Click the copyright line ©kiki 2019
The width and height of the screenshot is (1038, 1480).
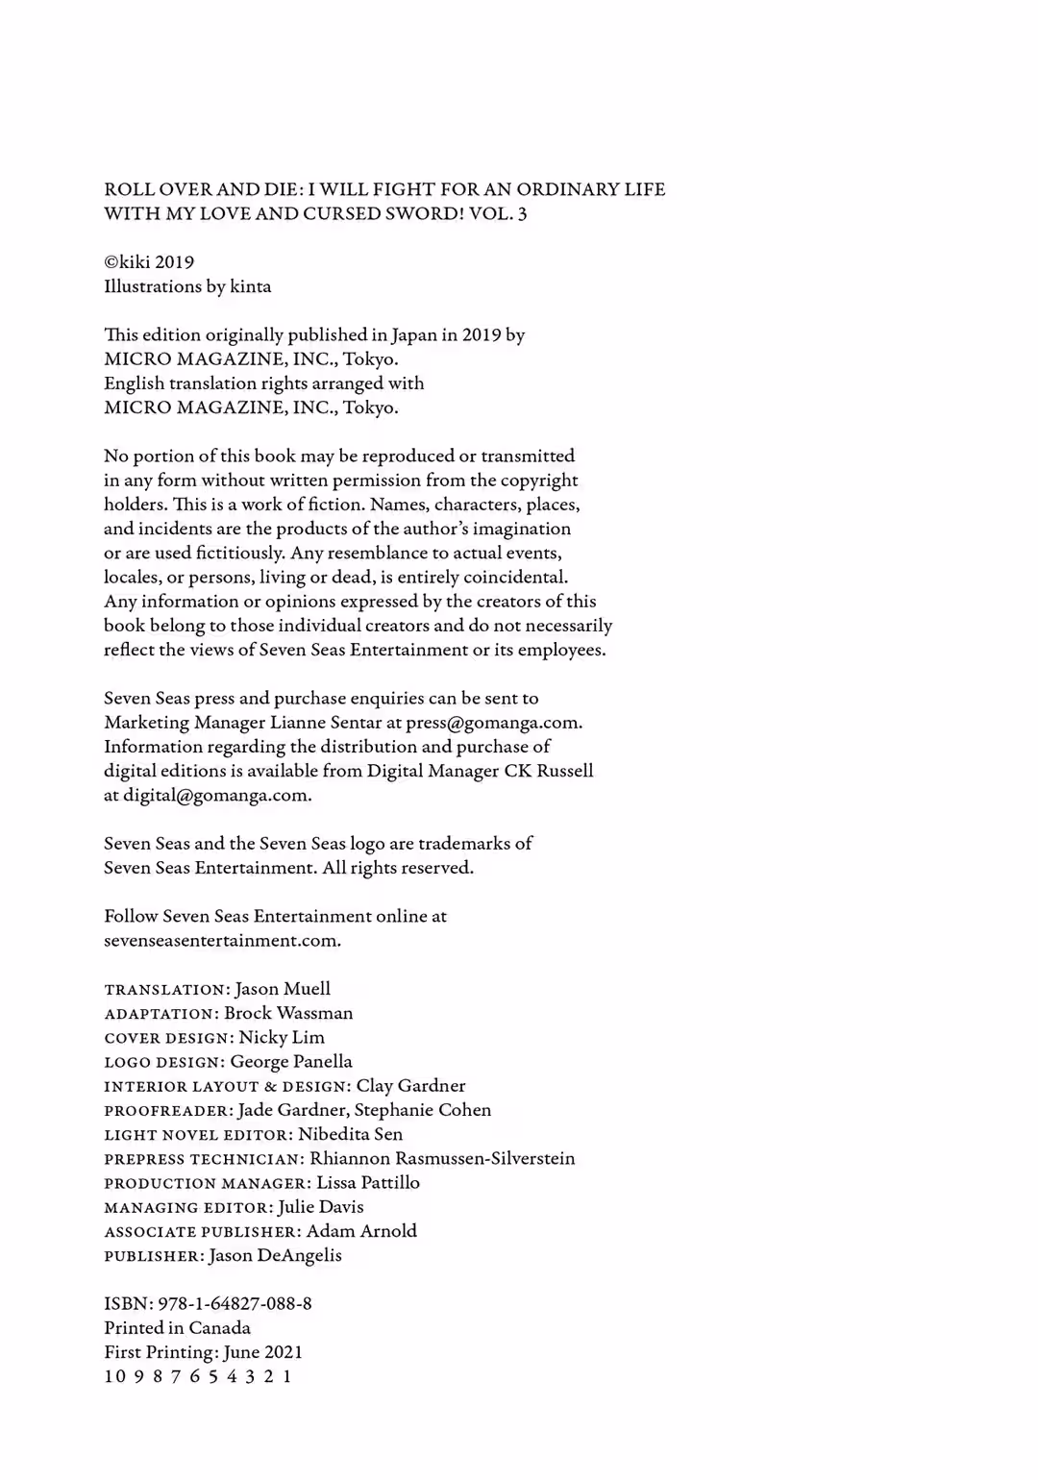tap(149, 262)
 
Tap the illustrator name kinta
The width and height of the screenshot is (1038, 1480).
tap(251, 286)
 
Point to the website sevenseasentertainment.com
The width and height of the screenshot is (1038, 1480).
tap(222, 941)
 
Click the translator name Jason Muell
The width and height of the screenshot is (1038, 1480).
tap(283, 989)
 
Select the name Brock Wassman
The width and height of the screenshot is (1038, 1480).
tap(288, 1013)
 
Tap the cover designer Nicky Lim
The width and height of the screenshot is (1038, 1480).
tap(282, 1038)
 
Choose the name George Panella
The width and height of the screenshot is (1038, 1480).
tap(291, 1062)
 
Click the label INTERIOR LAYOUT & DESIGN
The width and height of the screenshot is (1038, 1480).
tap(226, 1087)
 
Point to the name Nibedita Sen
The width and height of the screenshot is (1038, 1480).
tap(350, 1134)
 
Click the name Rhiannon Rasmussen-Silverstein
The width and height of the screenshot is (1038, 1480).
tap(442, 1159)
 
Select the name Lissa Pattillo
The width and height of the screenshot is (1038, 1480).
tap(368, 1183)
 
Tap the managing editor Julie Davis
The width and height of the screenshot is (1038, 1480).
tap(321, 1207)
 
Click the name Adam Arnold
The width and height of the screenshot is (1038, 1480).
tap(361, 1231)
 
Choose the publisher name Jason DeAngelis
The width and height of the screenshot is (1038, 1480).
tap(275, 1255)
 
